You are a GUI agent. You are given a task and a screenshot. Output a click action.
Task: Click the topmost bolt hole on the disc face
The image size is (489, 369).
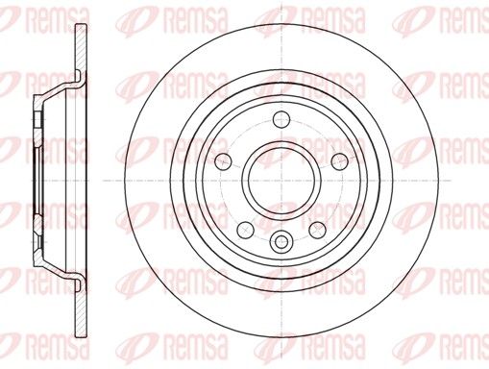coord(281,119)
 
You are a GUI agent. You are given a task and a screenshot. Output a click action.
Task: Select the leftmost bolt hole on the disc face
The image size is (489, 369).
coord(223,161)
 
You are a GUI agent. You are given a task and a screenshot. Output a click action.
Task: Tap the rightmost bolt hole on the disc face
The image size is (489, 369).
coord(340,161)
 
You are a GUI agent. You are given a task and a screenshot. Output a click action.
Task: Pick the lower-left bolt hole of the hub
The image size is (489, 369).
coord(246,230)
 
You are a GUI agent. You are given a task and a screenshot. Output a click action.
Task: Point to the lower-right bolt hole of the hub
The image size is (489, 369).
coord(317,230)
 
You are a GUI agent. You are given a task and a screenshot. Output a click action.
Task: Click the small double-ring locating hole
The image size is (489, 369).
coord(281,240)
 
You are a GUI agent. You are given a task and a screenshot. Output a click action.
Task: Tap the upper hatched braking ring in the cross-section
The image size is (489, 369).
coord(81,48)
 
